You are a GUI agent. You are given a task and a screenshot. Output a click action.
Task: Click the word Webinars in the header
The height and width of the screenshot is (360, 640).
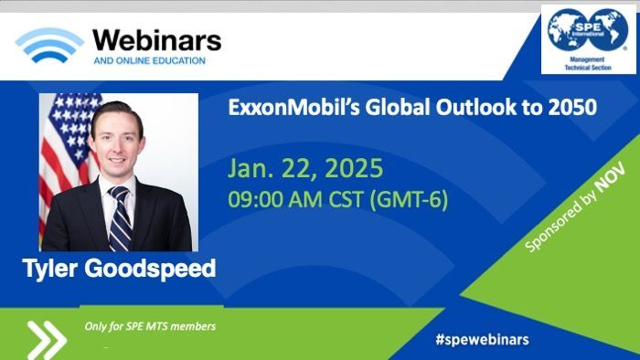[157, 41]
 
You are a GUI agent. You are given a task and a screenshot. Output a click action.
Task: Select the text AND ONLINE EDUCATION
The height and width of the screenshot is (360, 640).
[149, 61]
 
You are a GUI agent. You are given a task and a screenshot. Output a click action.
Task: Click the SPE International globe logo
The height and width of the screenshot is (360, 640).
[588, 30]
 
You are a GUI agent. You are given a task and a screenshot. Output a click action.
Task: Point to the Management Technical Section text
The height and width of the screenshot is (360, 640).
[588, 64]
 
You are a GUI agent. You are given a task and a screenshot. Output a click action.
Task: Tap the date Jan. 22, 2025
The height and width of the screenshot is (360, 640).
[305, 168]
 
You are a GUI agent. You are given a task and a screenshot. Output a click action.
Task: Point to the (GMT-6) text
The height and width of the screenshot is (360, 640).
[409, 200]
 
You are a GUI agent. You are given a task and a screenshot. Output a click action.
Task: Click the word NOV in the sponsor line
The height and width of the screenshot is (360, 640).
[610, 177]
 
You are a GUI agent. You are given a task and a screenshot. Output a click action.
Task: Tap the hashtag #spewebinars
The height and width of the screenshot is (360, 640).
[482, 339]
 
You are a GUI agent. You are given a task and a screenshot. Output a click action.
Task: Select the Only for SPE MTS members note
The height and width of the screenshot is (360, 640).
[150, 326]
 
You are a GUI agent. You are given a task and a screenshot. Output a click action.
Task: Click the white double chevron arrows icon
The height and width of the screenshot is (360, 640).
[47, 340]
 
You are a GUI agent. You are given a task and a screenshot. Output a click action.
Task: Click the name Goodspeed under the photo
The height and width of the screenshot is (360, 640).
[150, 269]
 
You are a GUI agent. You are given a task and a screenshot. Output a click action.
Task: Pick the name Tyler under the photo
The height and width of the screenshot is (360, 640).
[49, 269]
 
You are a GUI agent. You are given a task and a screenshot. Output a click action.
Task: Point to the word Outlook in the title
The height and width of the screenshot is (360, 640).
[478, 108]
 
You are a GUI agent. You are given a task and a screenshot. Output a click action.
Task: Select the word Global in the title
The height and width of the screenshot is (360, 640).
[397, 108]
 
